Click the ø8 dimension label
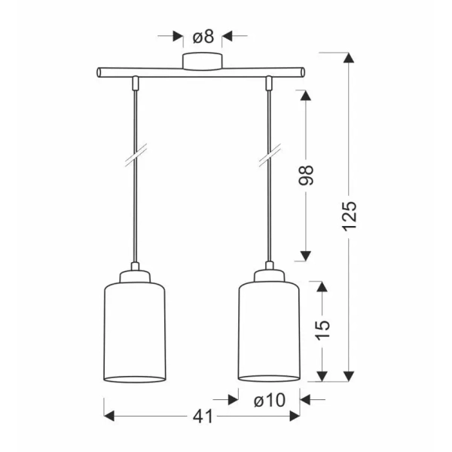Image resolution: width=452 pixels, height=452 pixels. point(203,37)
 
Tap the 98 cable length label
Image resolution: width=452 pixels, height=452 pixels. point(306,176)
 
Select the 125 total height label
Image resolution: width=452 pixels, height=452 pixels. point(350,215)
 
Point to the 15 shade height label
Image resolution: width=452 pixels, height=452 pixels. point(322,330)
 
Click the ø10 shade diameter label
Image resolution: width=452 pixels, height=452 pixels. point(270,400)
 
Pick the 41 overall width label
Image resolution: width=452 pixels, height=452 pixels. point(203,417)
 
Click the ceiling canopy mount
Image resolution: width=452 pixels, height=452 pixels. point(203,62)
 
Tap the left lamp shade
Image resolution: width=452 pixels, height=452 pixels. point(135,332)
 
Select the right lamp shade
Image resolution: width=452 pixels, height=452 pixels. point(269,331)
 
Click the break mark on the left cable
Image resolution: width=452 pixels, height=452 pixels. point(136,154)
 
